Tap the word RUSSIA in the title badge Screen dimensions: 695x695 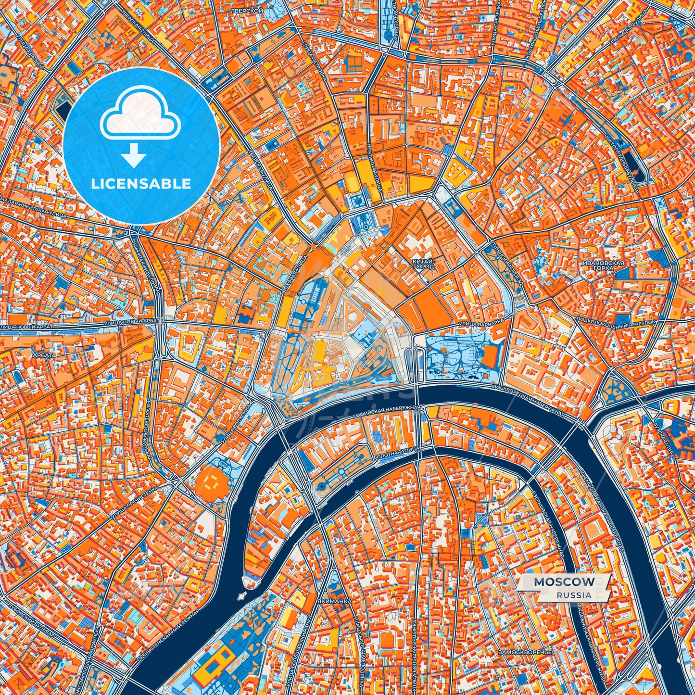tap(574, 595)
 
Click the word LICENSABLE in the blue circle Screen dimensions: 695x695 tap(141, 184)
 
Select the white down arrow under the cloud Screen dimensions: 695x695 tap(134, 157)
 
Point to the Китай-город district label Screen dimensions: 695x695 tap(423, 263)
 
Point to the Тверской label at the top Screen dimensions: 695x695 tap(240, 10)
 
